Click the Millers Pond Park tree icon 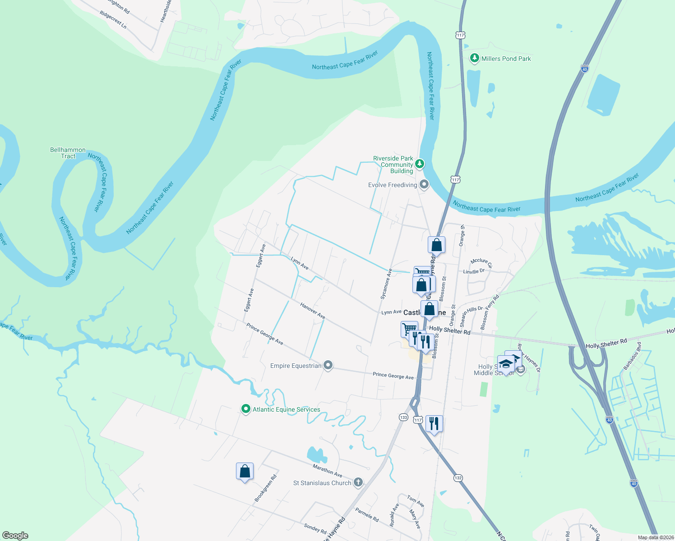click(474, 58)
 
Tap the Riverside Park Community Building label click(393, 165)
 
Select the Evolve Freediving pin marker click(424, 184)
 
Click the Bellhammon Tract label click(68, 153)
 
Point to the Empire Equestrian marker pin click(328, 365)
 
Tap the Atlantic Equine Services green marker click(246, 409)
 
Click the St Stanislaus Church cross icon click(358, 482)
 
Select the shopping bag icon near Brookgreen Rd click(245, 472)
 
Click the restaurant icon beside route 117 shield click(434, 423)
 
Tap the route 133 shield click(403, 417)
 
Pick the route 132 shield click(458, 478)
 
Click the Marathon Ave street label click(328, 471)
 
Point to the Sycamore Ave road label click(386, 284)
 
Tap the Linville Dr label click(474, 271)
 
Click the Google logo click(15, 536)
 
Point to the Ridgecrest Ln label click(113, 20)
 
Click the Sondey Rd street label click(315, 528)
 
